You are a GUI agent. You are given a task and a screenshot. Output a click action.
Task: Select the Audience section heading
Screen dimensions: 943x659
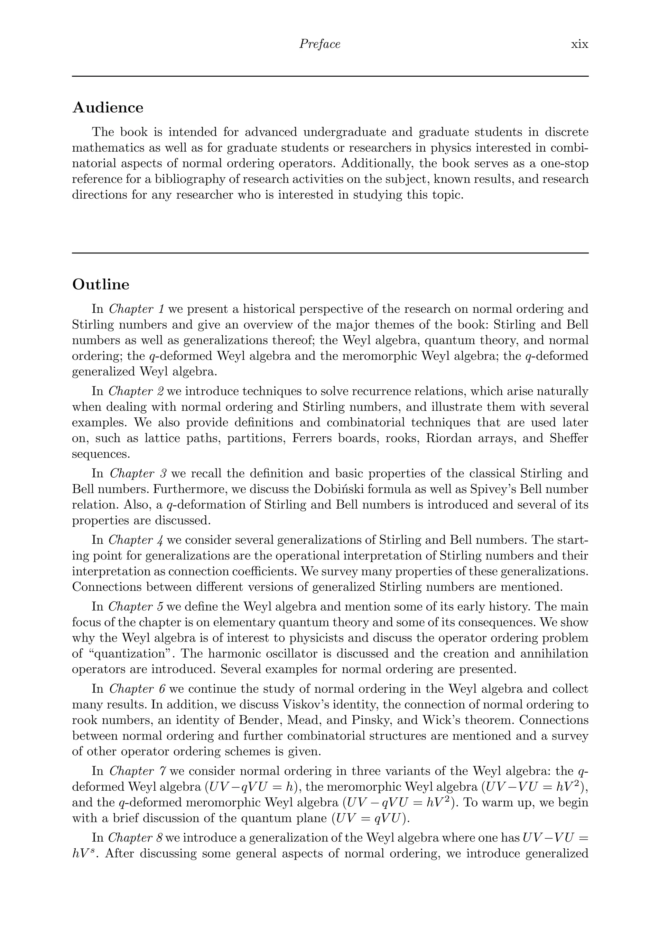[x=108, y=108]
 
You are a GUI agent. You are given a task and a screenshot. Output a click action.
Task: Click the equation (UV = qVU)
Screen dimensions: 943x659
[x=370, y=819]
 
